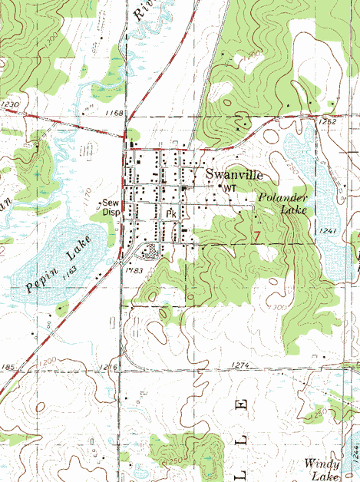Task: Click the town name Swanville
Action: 233,175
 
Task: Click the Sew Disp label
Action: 112,208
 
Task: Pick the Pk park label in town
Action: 170,213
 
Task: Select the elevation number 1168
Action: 114,113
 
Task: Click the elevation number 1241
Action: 328,231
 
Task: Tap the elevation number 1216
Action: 108,369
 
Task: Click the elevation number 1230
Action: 9,104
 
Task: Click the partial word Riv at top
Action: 140,9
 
